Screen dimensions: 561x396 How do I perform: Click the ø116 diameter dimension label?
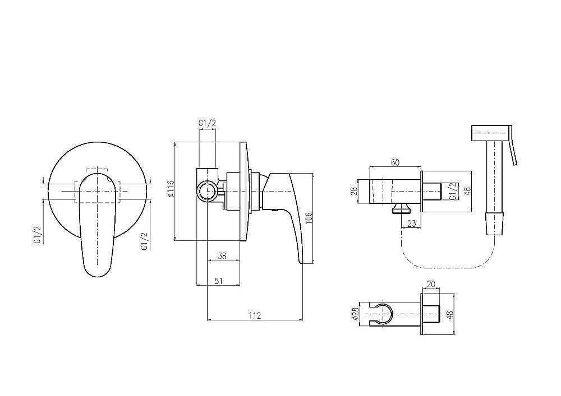pyautogui.click(x=171, y=189)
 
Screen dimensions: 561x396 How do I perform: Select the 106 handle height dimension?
pyautogui.click(x=309, y=218)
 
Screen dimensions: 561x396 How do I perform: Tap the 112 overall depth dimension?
pyautogui.click(x=255, y=315)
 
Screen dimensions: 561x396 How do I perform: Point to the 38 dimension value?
pyautogui.click(x=222, y=255)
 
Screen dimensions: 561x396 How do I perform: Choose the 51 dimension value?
pyautogui.click(x=219, y=281)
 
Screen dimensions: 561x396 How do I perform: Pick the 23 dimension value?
pyautogui.click(x=412, y=223)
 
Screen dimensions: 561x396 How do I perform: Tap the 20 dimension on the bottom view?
pyautogui.click(x=431, y=284)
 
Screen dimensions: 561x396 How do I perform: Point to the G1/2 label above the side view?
pyautogui.click(x=208, y=123)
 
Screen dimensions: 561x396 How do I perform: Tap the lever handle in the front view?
pyautogui.click(x=97, y=225)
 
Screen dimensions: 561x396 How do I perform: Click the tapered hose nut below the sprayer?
pyautogui.click(x=494, y=224)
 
